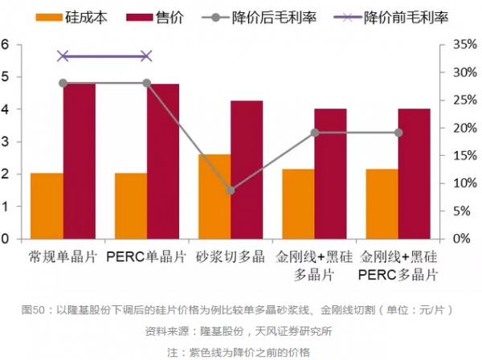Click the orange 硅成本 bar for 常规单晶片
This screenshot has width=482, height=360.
(x=47, y=206)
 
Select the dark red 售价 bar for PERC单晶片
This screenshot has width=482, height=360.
(x=163, y=161)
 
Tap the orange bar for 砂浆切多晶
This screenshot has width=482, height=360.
(x=214, y=196)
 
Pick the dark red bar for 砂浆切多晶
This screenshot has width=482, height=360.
(x=247, y=170)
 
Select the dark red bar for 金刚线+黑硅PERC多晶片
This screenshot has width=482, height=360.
(x=415, y=174)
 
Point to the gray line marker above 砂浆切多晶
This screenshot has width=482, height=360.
(x=231, y=190)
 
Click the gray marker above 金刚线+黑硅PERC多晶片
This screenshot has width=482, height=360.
(x=398, y=133)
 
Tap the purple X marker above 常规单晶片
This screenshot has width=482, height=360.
(x=63, y=56)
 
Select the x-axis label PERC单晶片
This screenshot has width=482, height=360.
(x=147, y=258)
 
